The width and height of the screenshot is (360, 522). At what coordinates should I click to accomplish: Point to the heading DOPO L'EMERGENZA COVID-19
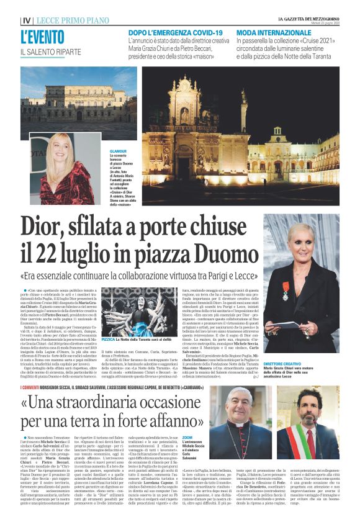[x=184, y=32]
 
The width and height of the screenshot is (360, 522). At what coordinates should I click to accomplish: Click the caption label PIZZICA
[x=108, y=340]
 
